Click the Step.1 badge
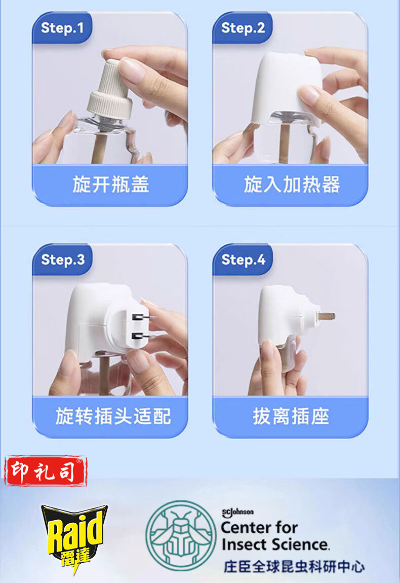[x=62, y=28]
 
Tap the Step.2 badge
[x=243, y=28]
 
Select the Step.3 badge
[x=62, y=260]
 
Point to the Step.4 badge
[x=243, y=260]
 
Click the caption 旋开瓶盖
[x=111, y=185]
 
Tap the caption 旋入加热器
[x=292, y=185]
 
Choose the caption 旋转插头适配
[x=113, y=416]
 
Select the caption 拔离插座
[x=291, y=416]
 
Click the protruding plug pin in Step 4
[x=326, y=316]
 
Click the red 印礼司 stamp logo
[x=46, y=471]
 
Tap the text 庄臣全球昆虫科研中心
[x=294, y=567]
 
